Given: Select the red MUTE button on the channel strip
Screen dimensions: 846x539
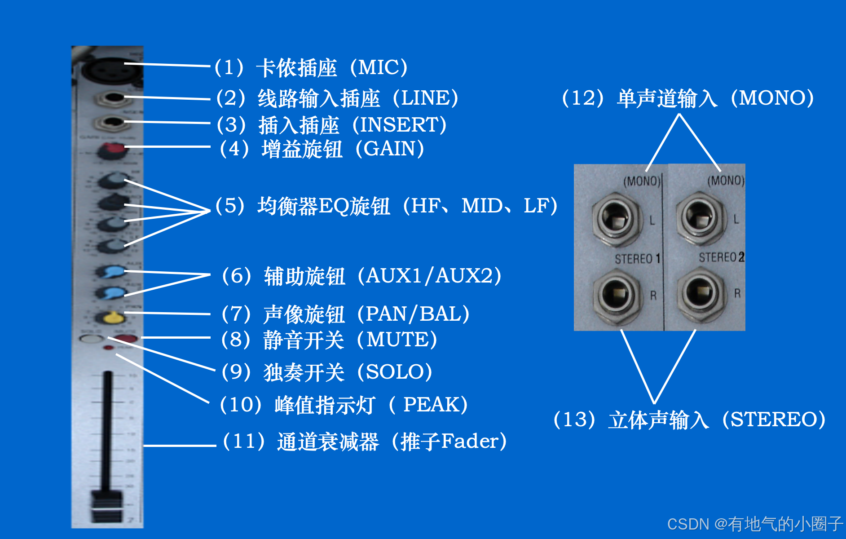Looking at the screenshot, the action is point(125,338).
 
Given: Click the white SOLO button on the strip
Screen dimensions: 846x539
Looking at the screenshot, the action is point(91,338).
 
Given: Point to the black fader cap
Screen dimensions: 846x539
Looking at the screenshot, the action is point(107,505).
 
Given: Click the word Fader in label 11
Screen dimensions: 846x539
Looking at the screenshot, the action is point(469,441).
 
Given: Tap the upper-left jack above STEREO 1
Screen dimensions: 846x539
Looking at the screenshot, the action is point(616,217).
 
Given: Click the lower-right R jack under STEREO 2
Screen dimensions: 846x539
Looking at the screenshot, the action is point(700,292).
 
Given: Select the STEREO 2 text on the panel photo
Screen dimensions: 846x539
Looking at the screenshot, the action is point(721,257).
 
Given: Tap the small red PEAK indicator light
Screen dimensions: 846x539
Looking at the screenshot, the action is point(109,348).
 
